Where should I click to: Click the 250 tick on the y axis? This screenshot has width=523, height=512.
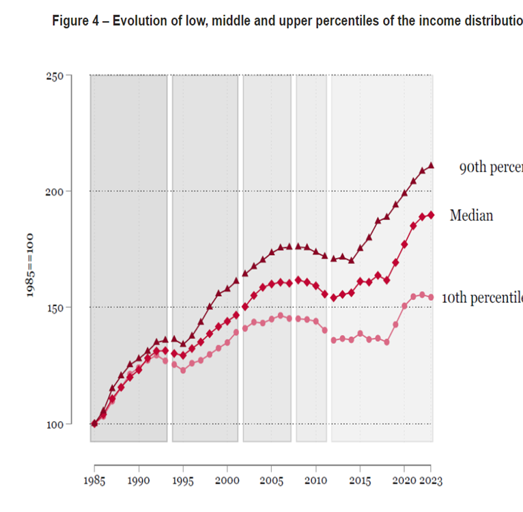coord(55,75)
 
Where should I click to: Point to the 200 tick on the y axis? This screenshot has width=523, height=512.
coord(55,191)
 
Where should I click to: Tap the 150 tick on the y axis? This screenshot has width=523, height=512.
coord(55,308)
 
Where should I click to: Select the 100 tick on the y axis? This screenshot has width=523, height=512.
coord(55,424)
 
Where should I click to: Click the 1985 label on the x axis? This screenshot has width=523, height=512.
coord(94,481)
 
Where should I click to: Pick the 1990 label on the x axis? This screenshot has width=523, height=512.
coord(139,481)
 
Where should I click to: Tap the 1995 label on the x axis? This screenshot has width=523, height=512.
coord(183,481)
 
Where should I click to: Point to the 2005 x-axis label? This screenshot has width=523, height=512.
coord(272,481)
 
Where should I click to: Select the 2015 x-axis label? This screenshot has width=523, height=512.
coord(361,481)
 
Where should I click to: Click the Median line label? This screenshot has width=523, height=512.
coord(471,216)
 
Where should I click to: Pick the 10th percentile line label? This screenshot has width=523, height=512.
coord(482,298)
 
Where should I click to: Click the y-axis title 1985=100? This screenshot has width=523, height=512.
coord(31,267)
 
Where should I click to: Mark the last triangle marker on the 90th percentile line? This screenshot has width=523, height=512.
coord(431,165)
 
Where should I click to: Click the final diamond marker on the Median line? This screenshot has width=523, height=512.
coord(431,215)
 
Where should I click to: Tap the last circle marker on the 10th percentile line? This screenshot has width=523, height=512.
coord(431,297)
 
